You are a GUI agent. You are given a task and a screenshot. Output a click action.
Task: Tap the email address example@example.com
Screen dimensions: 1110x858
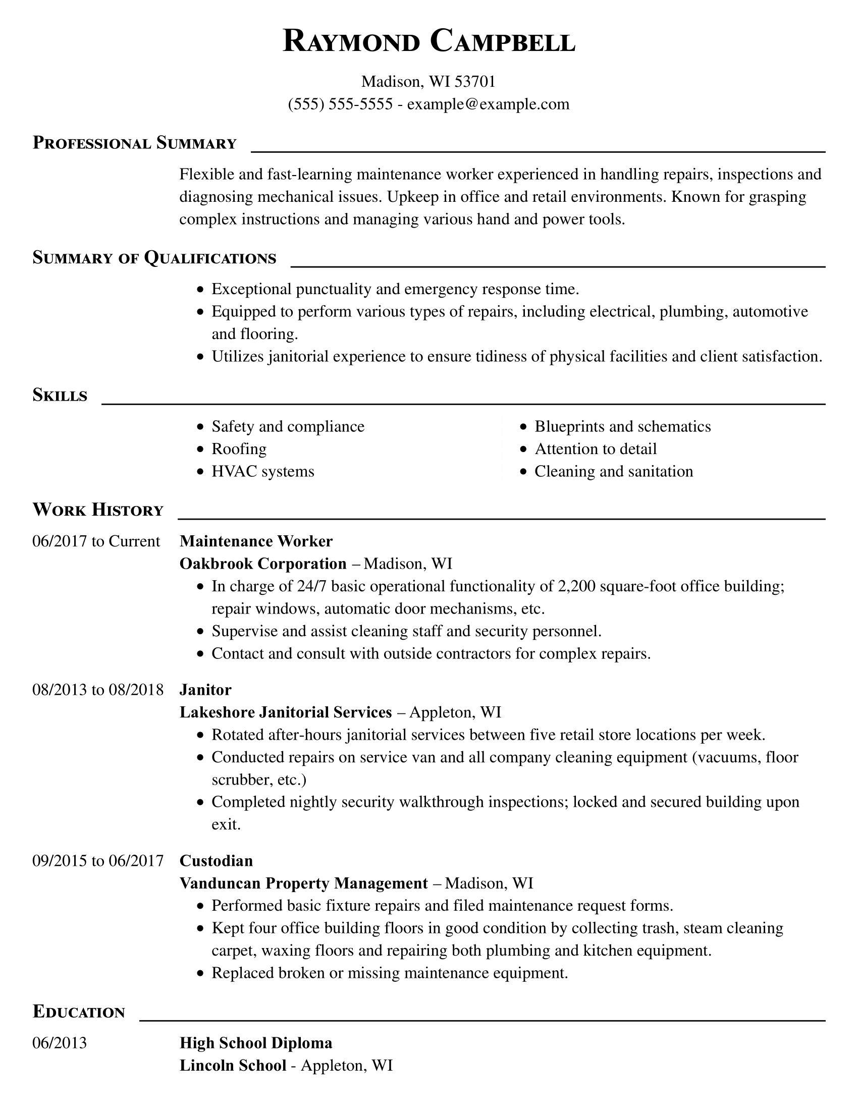488,104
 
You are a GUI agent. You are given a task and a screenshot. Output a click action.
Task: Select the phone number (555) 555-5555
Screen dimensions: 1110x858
340,104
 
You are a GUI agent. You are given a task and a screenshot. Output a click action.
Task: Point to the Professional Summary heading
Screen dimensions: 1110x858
135,143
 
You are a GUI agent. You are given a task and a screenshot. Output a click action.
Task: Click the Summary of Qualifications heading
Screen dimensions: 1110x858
154,258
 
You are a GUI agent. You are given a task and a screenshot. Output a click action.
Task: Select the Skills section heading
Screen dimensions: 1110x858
60,396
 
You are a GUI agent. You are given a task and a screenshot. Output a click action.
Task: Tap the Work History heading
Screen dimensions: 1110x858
98,510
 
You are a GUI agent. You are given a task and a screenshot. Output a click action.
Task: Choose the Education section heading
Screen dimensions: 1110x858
79,1012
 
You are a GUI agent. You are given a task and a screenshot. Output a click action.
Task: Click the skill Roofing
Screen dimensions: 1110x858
239,449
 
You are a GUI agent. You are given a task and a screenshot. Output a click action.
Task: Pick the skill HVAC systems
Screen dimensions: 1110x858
263,472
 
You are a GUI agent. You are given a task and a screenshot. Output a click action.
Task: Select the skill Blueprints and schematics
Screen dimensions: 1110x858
623,427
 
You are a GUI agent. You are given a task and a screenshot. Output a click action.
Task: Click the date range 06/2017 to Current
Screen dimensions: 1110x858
96,541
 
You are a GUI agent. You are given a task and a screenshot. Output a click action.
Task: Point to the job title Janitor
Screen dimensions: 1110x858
205,690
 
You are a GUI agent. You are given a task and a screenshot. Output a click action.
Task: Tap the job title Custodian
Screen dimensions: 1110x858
216,861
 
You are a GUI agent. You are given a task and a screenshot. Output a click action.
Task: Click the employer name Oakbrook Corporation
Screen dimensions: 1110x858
263,564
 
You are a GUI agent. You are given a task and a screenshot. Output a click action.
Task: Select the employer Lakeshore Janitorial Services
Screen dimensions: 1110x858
286,712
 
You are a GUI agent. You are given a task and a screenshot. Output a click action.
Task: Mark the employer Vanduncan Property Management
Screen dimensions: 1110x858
303,883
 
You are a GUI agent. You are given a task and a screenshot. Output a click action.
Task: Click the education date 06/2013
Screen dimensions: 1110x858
60,1043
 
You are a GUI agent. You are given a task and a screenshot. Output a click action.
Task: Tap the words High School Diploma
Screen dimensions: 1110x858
256,1043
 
